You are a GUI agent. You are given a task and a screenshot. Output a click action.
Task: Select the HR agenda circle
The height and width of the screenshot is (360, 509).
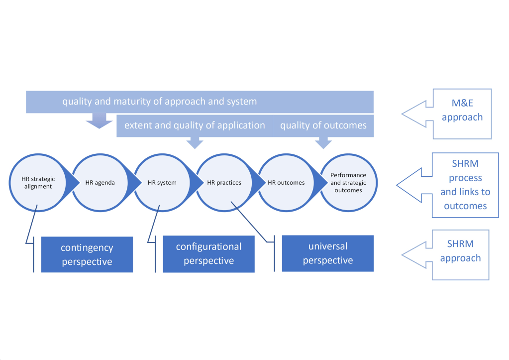point(100,183)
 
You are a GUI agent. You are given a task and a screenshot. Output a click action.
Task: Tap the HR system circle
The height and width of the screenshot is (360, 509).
point(162,183)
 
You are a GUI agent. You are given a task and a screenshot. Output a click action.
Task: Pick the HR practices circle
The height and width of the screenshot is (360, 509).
point(224,183)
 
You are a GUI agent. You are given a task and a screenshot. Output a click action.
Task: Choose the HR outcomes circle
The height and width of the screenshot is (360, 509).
point(286,183)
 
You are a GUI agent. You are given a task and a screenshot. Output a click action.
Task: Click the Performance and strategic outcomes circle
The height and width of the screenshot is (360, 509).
point(348,183)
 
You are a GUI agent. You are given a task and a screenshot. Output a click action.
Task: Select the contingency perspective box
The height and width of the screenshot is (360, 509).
point(87,254)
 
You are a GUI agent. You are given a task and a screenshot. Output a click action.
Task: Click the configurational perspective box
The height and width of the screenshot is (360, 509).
point(208,254)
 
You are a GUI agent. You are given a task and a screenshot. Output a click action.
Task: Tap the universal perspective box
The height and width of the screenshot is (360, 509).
point(328,253)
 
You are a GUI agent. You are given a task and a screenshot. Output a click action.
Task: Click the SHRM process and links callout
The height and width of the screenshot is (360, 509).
point(465,185)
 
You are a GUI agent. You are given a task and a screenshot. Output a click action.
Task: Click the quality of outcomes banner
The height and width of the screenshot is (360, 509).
point(323,125)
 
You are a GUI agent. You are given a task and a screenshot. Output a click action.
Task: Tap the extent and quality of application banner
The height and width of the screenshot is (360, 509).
point(195,125)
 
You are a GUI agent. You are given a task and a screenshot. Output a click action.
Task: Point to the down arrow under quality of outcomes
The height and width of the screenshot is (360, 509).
point(324,143)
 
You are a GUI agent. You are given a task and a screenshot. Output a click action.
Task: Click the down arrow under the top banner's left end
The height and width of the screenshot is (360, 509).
point(100,120)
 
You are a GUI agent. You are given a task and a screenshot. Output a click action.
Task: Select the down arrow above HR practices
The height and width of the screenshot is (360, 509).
point(195,143)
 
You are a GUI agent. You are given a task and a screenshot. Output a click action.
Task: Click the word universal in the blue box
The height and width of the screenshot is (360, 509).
point(328,246)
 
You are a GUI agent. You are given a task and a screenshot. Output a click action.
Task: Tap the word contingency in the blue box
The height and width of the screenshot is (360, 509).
point(87,247)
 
